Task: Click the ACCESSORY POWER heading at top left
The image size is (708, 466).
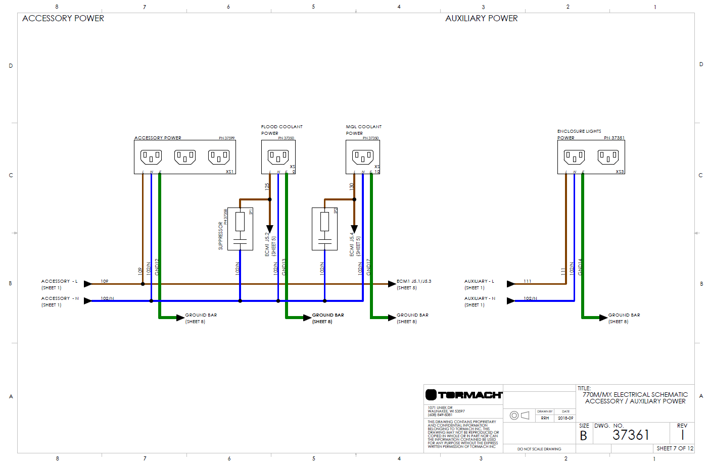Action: pyautogui.click(x=63, y=18)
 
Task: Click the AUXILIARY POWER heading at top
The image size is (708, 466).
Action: pyautogui.click(x=481, y=18)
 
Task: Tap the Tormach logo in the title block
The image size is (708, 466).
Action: pyautogui.click(x=463, y=395)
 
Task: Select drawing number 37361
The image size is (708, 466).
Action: pyautogui.click(x=630, y=435)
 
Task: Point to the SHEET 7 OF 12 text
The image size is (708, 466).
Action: pyautogui.click(x=675, y=448)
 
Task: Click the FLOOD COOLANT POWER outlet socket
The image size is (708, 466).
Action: pyautogui.click(x=278, y=157)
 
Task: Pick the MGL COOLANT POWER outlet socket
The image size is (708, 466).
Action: pyautogui.click(x=363, y=157)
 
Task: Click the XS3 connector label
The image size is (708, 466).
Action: pyautogui.click(x=620, y=172)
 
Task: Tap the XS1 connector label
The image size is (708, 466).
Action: pyautogui.click(x=229, y=172)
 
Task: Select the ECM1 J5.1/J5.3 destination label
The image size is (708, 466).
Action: pyautogui.click(x=414, y=281)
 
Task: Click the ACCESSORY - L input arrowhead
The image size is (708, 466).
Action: pyautogui.click(x=88, y=284)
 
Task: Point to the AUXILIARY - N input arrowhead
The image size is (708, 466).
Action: pyautogui.click(x=511, y=301)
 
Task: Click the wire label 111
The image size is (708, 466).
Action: pyautogui.click(x=527, y=281)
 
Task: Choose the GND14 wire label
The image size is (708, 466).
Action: pyautogui.click(x=580, y=267)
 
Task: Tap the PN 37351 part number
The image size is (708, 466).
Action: pyautogui.click(x=614, y=138)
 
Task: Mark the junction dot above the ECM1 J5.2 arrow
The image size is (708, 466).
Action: pyautogui.click(x=270, y=199)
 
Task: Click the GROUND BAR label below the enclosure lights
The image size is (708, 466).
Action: pyautogui.click(x=624, y=315)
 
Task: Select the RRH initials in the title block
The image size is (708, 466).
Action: pyautogui.click(x=545, y=418)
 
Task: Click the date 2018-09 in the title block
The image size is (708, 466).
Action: pyautogui.click(x=565, y=418)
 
